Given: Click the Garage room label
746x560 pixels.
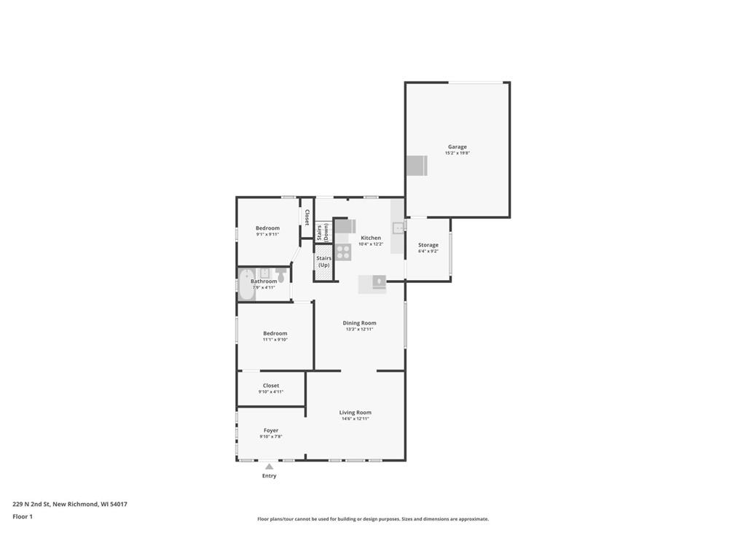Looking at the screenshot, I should click(458, 147).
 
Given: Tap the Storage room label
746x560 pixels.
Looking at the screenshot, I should click(428, 245).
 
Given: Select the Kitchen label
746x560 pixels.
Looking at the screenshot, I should click(371, 238).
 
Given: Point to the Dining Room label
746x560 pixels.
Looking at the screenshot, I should click(360, 323).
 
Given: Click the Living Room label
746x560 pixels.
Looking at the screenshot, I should click(356, 413).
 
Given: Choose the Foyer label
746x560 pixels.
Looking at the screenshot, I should click(271, 430).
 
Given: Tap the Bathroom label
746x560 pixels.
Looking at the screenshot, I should click(264, 281).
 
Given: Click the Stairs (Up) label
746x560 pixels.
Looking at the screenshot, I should click(324, 261).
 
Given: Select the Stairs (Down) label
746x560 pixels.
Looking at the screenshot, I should click(323, 233).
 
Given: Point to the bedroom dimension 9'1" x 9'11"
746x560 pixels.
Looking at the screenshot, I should click(267, 235).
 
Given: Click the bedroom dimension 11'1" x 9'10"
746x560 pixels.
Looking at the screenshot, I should click(275, 340).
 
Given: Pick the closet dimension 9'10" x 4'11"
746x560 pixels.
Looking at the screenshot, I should click(271, 392).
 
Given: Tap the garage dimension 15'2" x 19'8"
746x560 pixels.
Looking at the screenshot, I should click(458, 153).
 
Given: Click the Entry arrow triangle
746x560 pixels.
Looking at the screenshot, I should click(270, 467).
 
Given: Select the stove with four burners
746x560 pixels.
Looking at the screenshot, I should click(343, 252).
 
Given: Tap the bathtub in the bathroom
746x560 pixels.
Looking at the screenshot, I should click(244, 285).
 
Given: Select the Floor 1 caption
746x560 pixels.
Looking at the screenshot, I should click(23, 517).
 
